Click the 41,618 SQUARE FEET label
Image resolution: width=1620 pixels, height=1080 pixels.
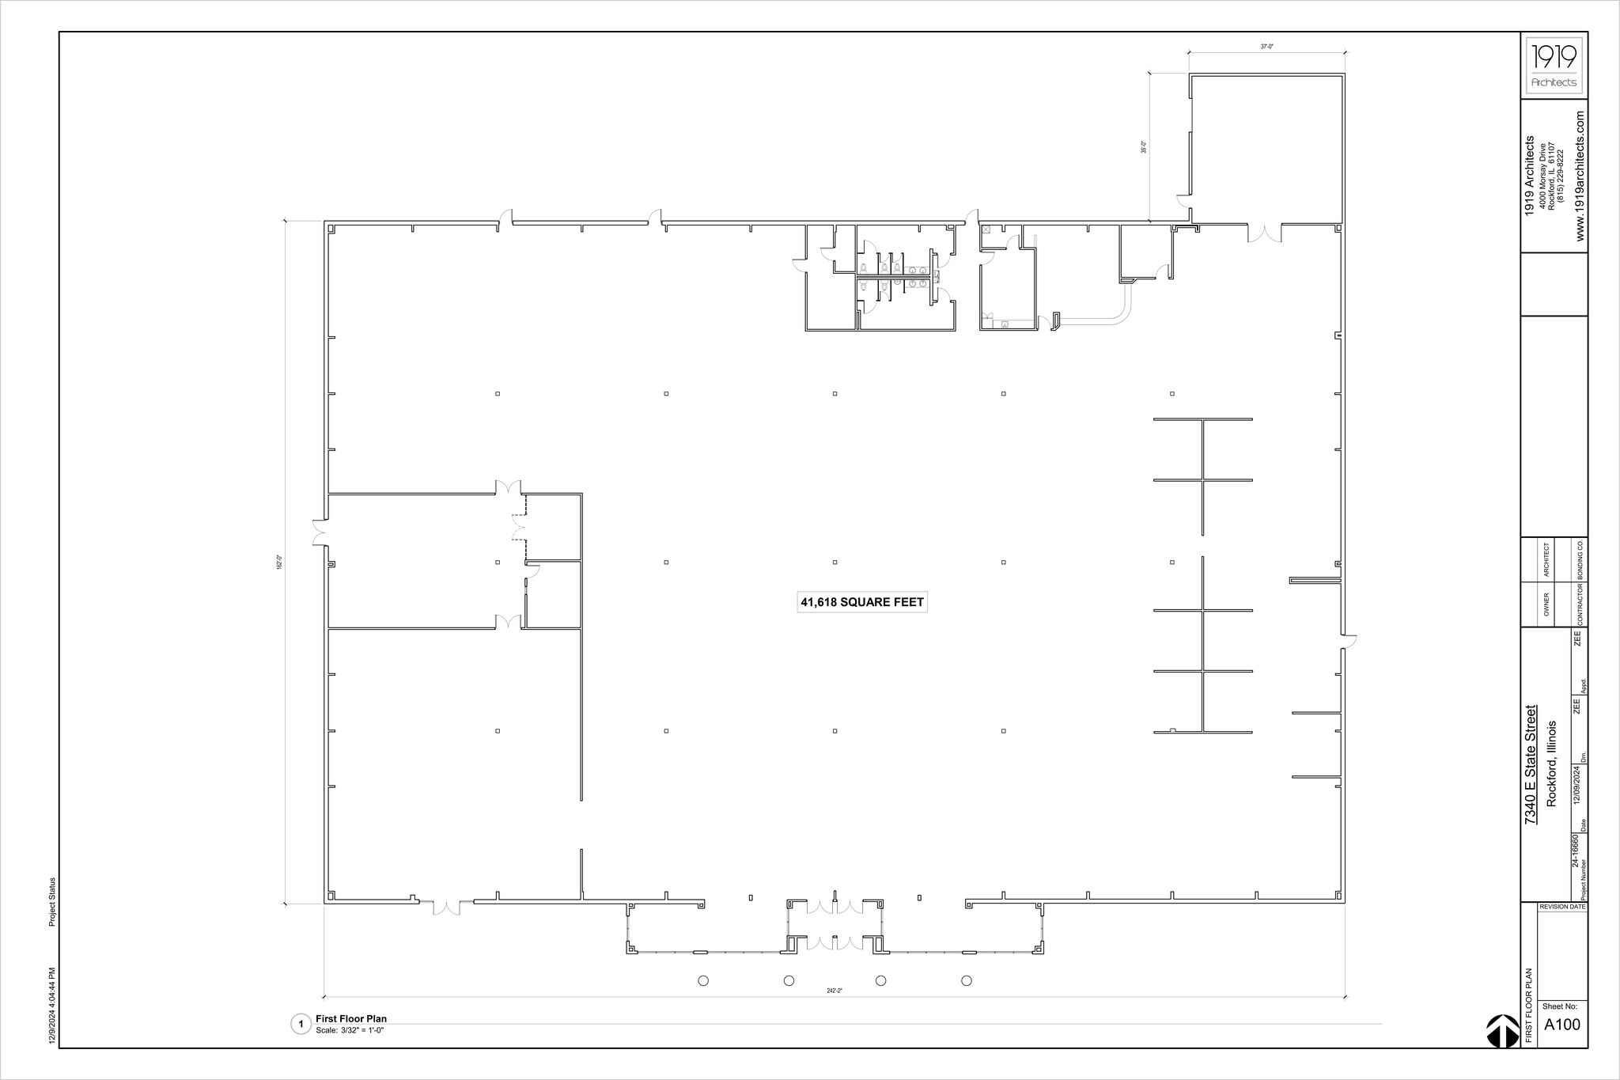pyautogui.click(x=861, y=602)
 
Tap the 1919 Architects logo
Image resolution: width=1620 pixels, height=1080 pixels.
pyautogui.click(x=1554, y=66)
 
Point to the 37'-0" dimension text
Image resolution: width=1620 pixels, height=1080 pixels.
pyautogui.click(x=1266, y=47)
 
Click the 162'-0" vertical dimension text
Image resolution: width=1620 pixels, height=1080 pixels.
pyautogui.click(x=279, y=563)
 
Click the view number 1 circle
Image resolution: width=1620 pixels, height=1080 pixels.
pyautogui.click(x=301, y=1025)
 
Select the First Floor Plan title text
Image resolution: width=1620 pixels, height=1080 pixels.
pyautogui.click(x=351, y=1018)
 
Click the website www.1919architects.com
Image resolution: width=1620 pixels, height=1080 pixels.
pyautogui.click(x=1580, y=176)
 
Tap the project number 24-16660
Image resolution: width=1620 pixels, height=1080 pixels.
pyautogui.click(x=1574, y=850)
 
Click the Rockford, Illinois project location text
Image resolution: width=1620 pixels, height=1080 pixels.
pyautogui.click(x=1550, y=764)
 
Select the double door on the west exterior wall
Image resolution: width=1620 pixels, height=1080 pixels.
pyautogui.click(x=320, y=532)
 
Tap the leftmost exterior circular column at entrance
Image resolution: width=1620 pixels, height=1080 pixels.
pyautogui.click(x=703, y=981)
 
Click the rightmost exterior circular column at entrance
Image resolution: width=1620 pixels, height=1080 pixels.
pyautogui.click(x=966, y=981)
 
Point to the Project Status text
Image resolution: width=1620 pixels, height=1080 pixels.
pyautogui.click(x=52, y=902)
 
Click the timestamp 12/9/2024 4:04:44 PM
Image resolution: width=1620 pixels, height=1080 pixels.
pyautogui.click(x=52, y=1006)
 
